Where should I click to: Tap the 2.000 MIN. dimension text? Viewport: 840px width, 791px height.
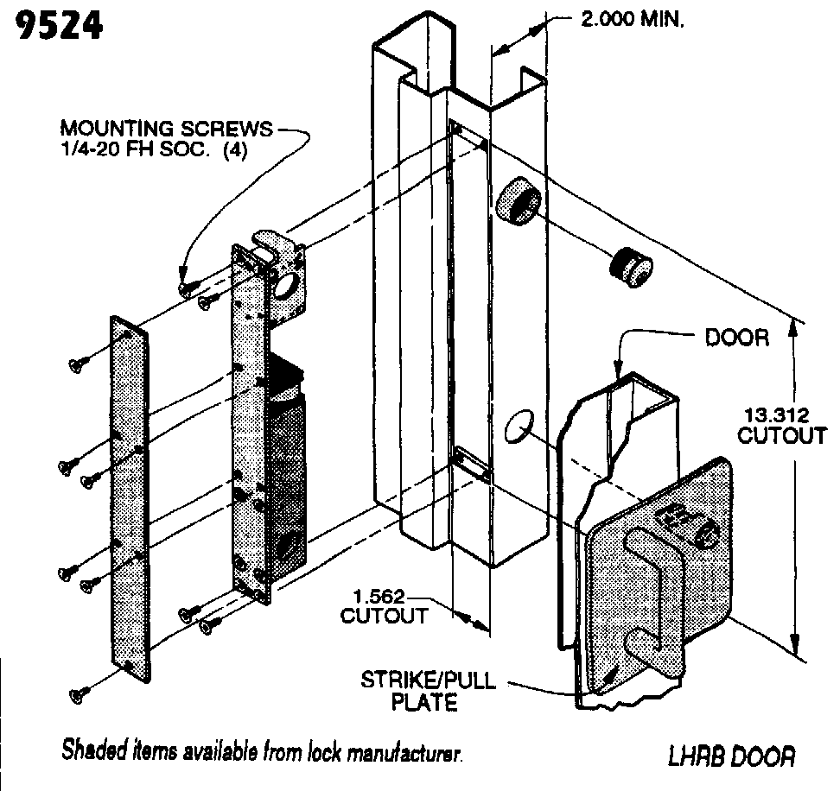coord(632,19)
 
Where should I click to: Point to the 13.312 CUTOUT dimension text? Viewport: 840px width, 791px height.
coord(781,423)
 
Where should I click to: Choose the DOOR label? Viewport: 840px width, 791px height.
coord(736,337)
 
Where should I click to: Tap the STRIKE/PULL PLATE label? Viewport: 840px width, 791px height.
coord(427,691)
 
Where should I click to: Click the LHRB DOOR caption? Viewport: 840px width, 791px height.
coord(730,756)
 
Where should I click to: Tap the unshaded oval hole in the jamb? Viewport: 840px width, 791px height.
coord(516,427)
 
